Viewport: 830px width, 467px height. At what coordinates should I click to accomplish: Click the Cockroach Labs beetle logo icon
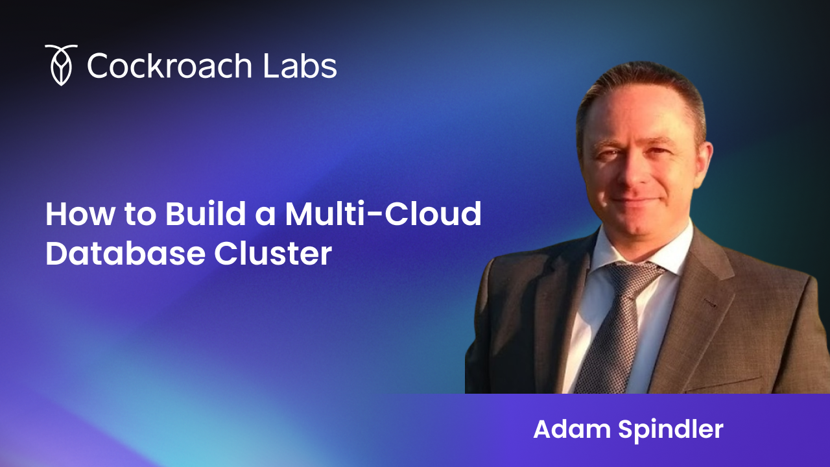pos(61,66)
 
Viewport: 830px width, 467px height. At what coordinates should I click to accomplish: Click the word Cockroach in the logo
pos(170,66)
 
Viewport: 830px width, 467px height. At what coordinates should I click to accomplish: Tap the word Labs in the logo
pos(300,66)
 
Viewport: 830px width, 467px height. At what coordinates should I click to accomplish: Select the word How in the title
pos(80,214)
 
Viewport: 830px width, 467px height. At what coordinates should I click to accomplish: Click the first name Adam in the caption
pos(572,429)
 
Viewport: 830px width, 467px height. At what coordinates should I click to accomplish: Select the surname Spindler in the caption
pos(670,430)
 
